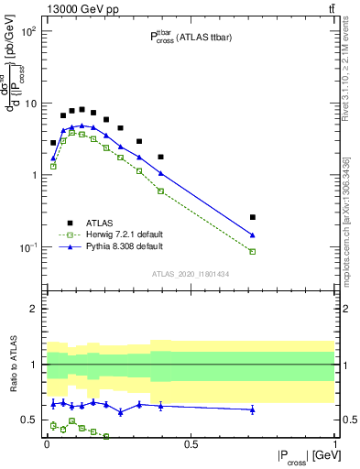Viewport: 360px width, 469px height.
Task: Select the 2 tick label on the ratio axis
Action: click(x=33, y=309)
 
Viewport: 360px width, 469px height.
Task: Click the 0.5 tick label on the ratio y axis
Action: click(x=29, y=420)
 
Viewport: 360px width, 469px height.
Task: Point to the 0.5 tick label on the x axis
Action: click(x=191, y=443)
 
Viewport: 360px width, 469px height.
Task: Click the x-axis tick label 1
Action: click(x=334, y=443)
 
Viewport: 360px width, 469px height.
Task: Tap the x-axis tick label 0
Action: click(x=47, y=443)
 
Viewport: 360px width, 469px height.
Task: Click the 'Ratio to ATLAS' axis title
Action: click(x=12, y=365)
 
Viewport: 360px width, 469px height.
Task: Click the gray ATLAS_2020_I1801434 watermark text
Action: click(x=190, y=274)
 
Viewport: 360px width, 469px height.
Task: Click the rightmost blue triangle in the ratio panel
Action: click(x=253, y=409)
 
